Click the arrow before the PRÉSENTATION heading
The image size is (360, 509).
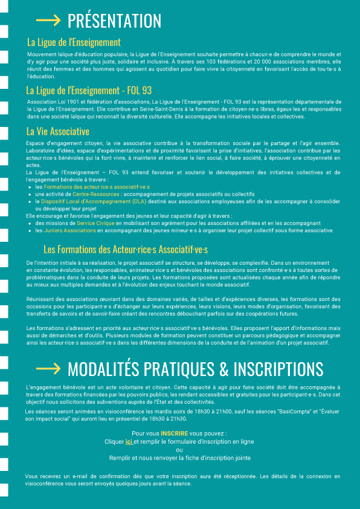[48, 21]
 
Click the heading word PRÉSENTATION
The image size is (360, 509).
[114, 21]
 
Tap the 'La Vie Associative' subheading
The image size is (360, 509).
[58, 131]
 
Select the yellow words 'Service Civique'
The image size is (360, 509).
[96, 223]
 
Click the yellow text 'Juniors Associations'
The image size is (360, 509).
[69, 230]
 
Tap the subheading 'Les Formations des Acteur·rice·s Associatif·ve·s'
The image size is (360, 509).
[126, 249]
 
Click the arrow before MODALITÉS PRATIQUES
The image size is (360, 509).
[48, 368]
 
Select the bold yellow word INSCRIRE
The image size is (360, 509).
[174, 433]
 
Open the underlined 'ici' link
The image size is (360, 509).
[129, 442]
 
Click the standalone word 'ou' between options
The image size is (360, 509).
[179, 450]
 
